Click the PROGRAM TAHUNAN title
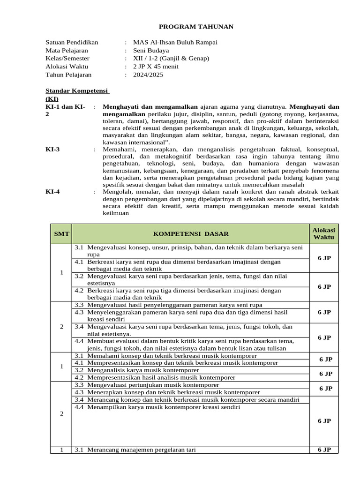pyautogui.click(x=195, y=27)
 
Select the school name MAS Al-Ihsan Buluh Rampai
pyautogui.click(x=175, y=42)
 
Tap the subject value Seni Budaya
pyautogui.click(x=151, y=50)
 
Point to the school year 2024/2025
pyautogui.click(x=148, y=75)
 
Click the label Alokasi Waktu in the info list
pyautogui.click(x=67, y=67)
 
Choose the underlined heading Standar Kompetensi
pyautogui.click(x=77, y=90)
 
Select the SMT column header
pyautogui.click(x=61, y=233)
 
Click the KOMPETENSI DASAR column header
pyautogui.click(x=191, y=234)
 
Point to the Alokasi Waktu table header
pyautogui.click(x=324, y=233)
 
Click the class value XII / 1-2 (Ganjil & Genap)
pyautogui.click(x=171, y=58)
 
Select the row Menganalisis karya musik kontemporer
pyautogui.click(x=136, y=370)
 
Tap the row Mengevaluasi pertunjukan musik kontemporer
pyautogui.click(x=141, y=385)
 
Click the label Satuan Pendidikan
pyautogui.click(x=72, y=42)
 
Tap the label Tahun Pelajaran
pyautogui.click(x=68, y=75)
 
